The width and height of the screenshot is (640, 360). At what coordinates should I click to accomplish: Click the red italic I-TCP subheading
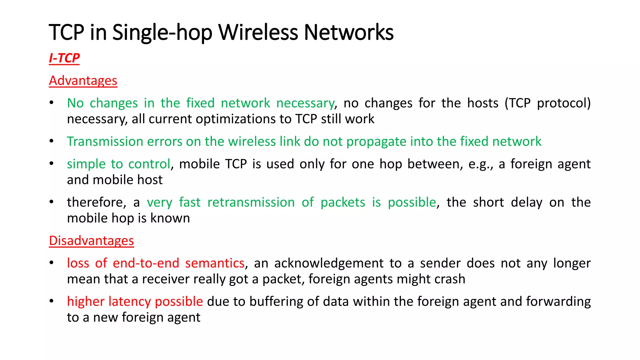coord(64,58)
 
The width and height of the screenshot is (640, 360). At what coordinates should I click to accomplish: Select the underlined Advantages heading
coord(83,81)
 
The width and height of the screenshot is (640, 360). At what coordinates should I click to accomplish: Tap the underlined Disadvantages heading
coord(91,241)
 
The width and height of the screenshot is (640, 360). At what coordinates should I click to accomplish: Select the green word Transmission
coord(105,142)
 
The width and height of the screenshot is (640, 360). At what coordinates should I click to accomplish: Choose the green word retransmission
coord(251,202)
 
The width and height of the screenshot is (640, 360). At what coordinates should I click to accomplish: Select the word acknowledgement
coord(329,263)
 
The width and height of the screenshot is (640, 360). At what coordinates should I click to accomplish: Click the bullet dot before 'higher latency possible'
coord(52,301)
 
